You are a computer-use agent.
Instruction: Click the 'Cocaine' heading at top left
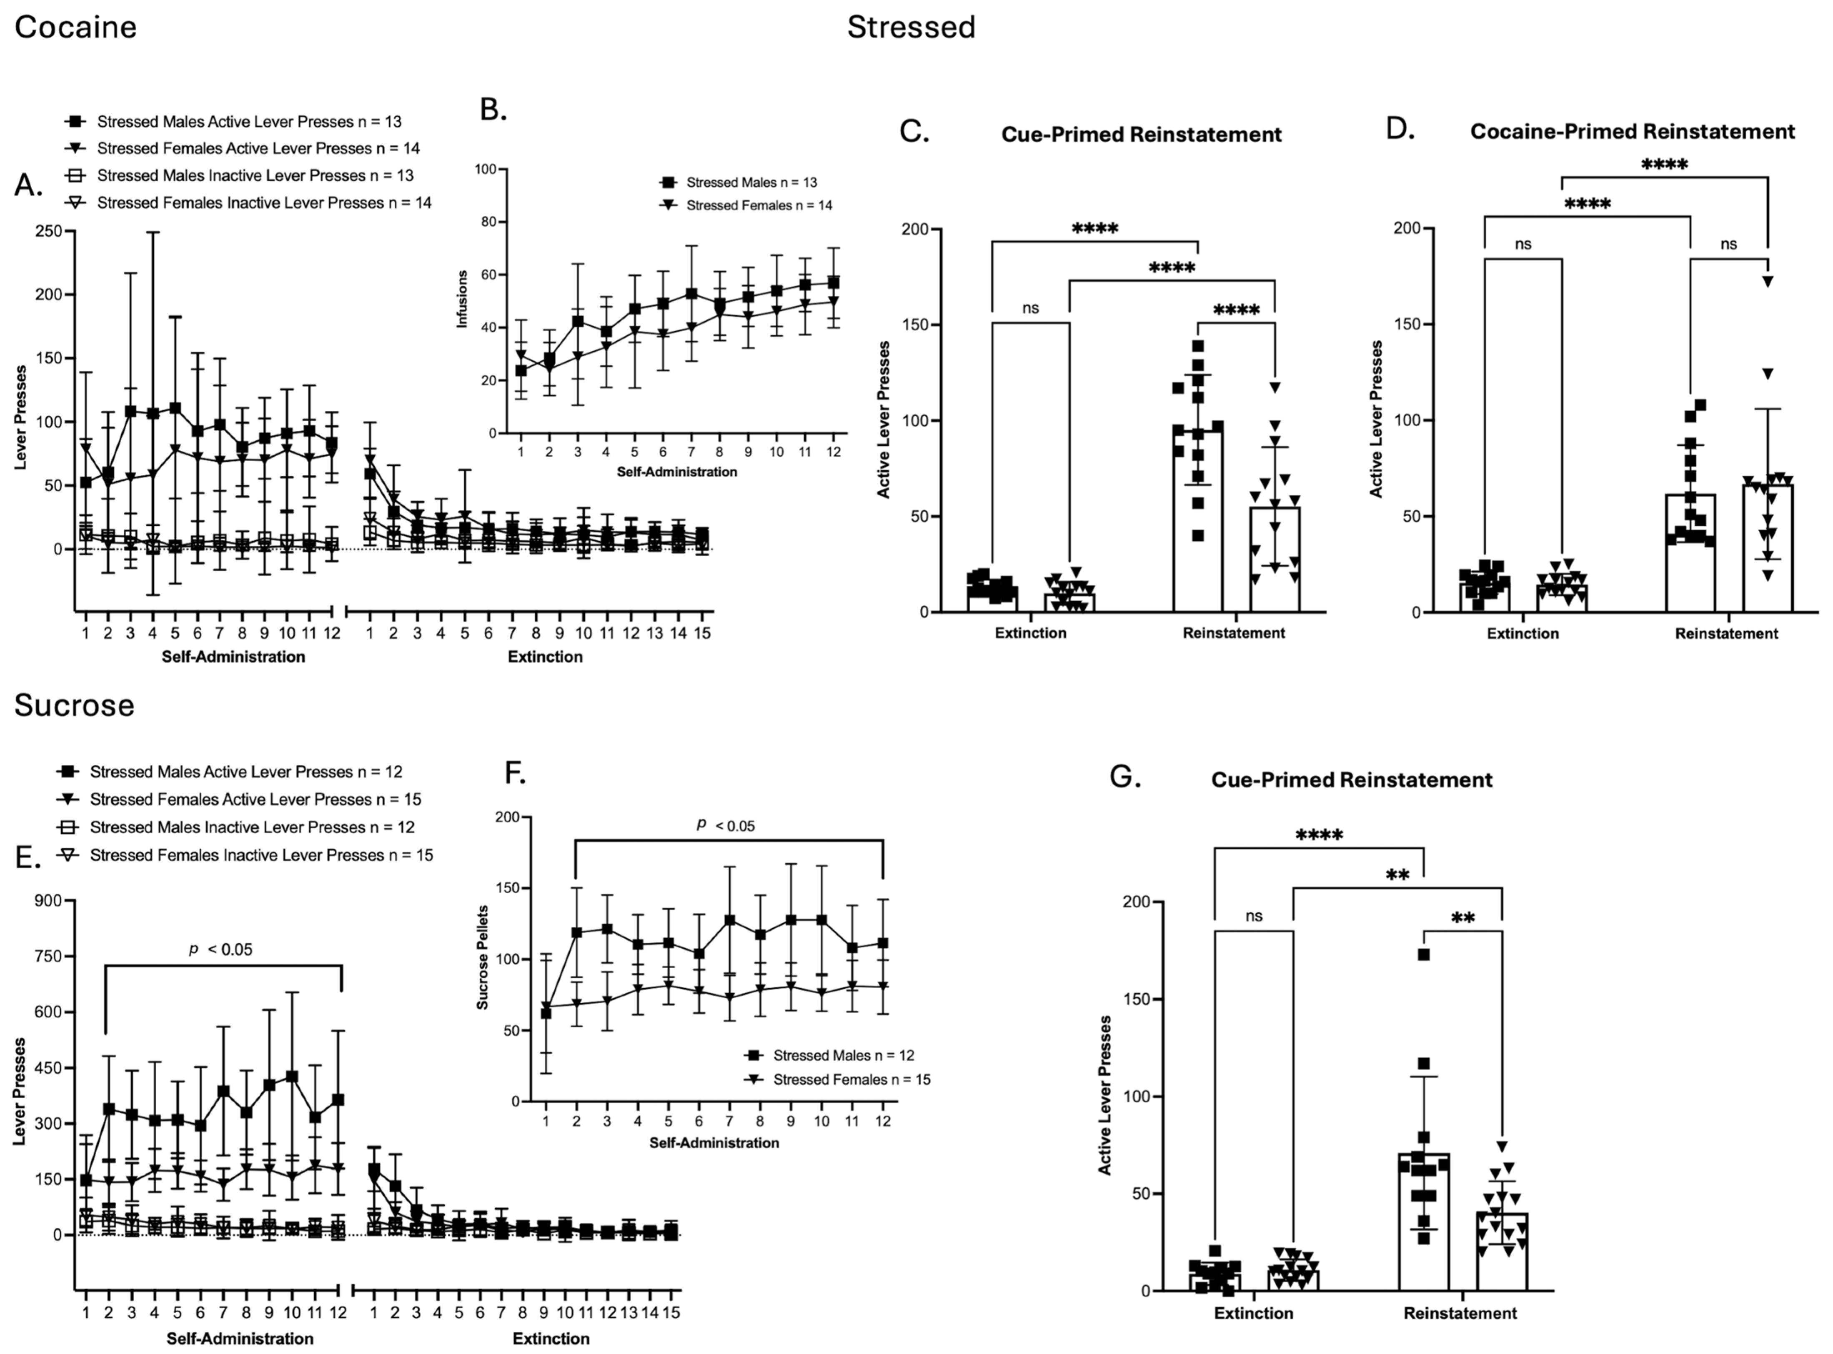click(x=75, y=27)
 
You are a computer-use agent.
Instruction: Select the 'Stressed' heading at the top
click(x=911, y=27)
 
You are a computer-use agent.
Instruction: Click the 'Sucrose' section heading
click(x=74, y=705)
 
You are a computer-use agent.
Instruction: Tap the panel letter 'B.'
click(x=493, y=109)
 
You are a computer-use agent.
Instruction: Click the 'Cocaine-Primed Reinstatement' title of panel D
click(x=1632, y=131)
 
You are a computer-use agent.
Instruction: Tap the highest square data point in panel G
click(x=1424, y=954)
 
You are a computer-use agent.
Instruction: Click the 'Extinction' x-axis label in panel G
click(x=1253, y=1313)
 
